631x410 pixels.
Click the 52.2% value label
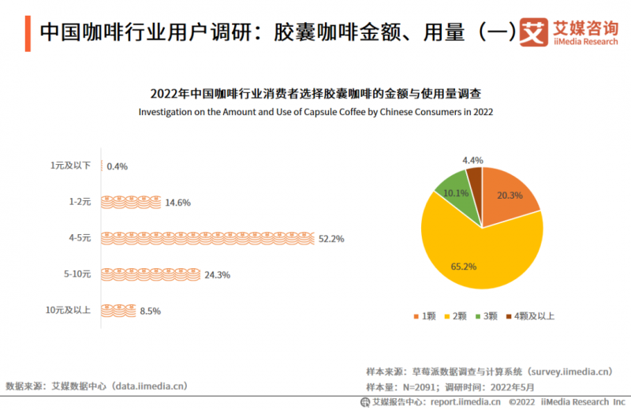pyautogui.click(x=331, y=238)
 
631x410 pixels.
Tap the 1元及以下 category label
pyautogui.click(x=71, y=166)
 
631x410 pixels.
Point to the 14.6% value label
pyautogui.click(x=177, y=203)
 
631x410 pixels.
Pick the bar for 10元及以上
pyautogui.click(x=118, y=310)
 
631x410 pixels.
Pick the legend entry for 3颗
pyautogui.click(x=486, y=316)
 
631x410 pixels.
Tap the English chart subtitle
pyautogui.click(x=315, y=112)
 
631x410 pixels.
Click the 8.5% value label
pyautogui.click(x=150, y=311)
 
